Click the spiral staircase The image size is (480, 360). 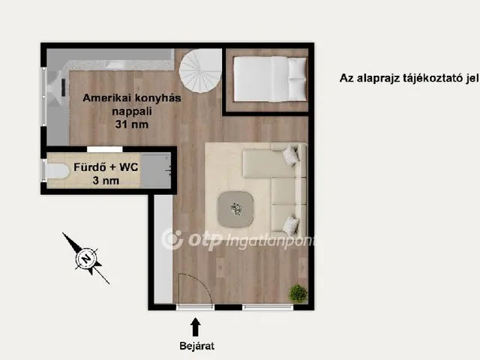click(200, 70)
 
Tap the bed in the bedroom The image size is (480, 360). click(270, 79)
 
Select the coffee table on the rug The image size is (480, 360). click(235, 209)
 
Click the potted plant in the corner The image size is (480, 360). click(298, 293)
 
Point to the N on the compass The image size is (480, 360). click(87, 259)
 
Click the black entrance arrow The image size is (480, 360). click(195, 327)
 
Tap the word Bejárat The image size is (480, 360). click(196, 346)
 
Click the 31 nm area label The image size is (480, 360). click(132, 124)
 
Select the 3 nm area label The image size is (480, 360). click(106, 180)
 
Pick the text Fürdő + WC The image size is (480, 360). click(106, 167)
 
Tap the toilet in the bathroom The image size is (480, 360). click(57, 171)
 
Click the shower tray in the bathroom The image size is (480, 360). click(156, 170)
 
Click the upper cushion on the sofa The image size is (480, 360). click(290, 155)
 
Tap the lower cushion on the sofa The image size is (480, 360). click(290, 225)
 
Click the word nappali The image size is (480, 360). click(132, 111)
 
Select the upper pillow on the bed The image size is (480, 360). click(297, 68)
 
